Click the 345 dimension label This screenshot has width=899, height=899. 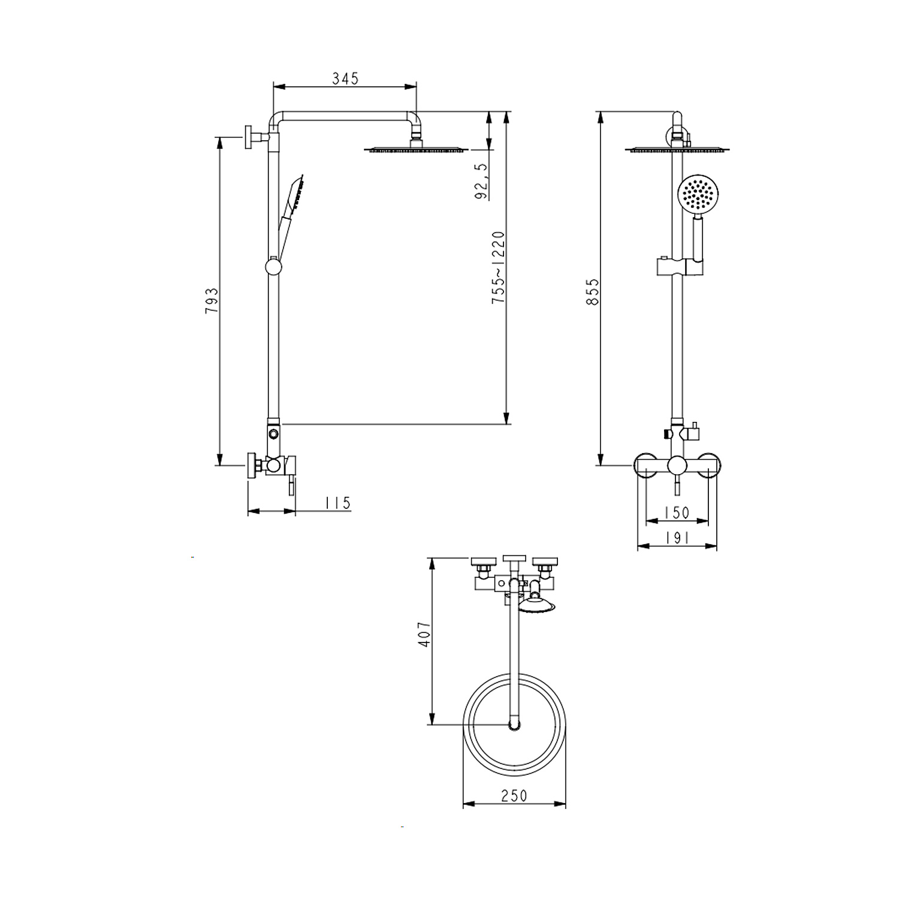tap(345, 79)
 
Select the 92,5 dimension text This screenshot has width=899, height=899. tap(481, 180)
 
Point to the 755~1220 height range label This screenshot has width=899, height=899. tap(499, 267)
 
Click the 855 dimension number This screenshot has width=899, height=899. tap(592, 292)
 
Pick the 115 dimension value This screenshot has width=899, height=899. tap(337, 503)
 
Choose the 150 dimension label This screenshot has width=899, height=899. tap(677, 513)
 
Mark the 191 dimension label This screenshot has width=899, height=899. tap(677, 538)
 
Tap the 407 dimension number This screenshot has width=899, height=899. tap(424, 633)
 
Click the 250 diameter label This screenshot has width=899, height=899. tap(514, 795)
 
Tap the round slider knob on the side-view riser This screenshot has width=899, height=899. tap(273, 266)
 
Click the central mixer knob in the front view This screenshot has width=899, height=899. tap(677, 466)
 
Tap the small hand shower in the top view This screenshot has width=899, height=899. tap(536, 603)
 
